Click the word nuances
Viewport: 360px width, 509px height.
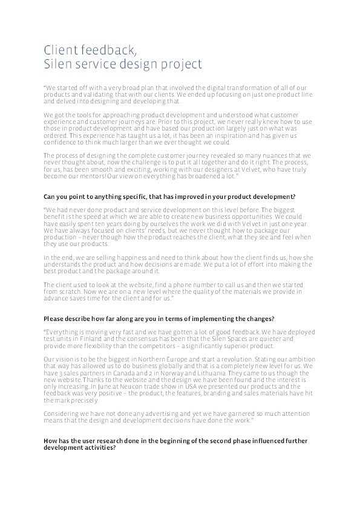pos(267,155)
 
